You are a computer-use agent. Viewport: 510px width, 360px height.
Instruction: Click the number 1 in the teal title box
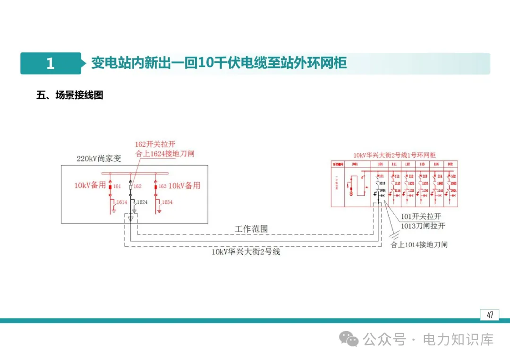pyautogui.click(x=51, y=64)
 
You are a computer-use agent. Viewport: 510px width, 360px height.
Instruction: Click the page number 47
pyautogui.click(x=490, y=315)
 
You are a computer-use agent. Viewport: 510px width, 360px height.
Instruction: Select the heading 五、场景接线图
pyautogui.click(x=70, y=95)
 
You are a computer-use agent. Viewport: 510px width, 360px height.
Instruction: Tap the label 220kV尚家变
pyautogui.click(x=99, y=159)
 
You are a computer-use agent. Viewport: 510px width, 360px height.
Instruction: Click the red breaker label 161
pyautogui.click(x=117, y=186)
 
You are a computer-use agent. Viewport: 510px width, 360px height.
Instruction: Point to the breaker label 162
pyautogui.click(x=137, y=186)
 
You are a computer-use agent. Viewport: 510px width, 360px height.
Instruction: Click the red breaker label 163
pyautogui.click(x=162, y=186)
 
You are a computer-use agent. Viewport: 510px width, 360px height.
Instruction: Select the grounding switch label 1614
pyautogui.click(x=122, y=202)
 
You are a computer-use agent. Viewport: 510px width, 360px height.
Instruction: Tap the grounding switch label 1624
pyautogui.click(x=142, y=202)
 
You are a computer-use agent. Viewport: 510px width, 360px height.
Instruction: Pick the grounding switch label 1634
pyautogui.click(x=167, y=202)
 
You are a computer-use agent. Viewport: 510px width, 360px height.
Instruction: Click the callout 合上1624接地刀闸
pyautogui.click(x=164, y=153)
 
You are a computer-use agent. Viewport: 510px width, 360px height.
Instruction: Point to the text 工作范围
pyautogui.click(x=251, y=229)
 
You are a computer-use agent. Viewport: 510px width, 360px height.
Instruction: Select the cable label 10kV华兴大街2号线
pyautogui.click(x=246, y=252)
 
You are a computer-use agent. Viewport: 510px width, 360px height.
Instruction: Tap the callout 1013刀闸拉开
pyautogui.click(x=423, y=226)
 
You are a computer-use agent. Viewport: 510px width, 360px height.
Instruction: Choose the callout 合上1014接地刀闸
pyautogui.click(x=418, y=244)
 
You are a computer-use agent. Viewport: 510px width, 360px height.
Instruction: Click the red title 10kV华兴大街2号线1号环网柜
pyautogui.click(x=395, y=155)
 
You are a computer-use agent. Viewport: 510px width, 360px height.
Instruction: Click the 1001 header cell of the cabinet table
pyautogui.click(x=354, y=164)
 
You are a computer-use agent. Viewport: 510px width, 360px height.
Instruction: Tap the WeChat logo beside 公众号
pyautogui.click(x=350, y=339)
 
